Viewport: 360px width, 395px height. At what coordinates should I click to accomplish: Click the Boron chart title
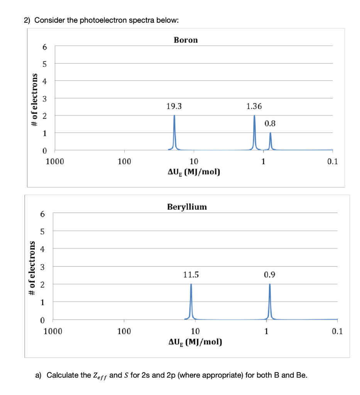coord(186,40)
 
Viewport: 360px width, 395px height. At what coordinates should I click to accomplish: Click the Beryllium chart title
coord(187,207)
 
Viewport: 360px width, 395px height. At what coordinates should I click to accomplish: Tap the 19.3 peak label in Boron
coord(174,106)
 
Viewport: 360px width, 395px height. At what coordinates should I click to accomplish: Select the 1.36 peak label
coord(254,106)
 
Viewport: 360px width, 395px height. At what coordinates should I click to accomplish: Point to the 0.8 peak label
coord(270,124)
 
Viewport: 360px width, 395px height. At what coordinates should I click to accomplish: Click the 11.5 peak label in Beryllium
coord(191,275)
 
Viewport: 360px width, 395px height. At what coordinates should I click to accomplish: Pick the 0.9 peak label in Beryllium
coord(270,275)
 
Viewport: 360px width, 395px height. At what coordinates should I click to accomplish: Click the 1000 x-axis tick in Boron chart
coord(55,161)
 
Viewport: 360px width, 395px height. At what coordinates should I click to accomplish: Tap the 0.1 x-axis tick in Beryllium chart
coord(337,331)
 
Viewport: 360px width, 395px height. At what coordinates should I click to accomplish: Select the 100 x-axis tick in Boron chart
coord(124,161)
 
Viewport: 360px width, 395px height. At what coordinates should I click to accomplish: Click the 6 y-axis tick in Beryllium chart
coord(43,213)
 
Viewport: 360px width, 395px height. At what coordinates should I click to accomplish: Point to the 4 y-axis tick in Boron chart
coord(44,81)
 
